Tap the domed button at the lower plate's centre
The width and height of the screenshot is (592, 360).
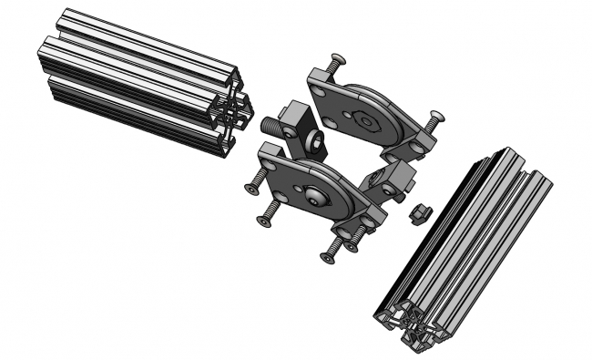315,194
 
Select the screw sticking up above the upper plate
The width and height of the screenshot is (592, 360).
336,62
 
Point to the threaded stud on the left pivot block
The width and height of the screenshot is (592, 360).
271,122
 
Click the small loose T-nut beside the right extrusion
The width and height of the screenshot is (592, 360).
420,212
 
